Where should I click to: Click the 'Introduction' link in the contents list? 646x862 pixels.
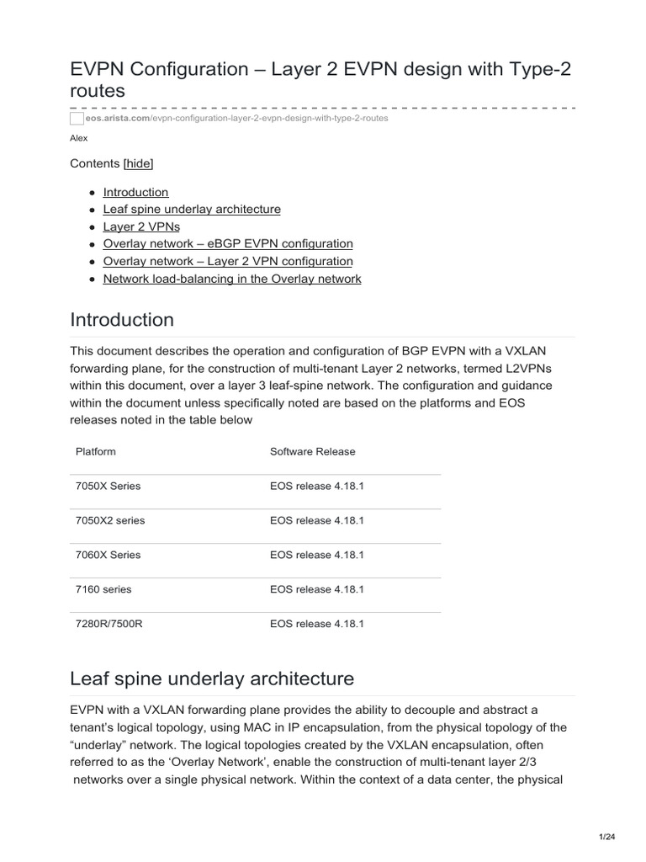135,192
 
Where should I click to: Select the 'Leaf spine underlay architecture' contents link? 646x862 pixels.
192,209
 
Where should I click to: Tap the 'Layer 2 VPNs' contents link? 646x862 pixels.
141,226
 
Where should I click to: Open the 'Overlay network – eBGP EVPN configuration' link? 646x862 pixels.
228,244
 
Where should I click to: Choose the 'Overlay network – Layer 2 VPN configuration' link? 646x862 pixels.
228,261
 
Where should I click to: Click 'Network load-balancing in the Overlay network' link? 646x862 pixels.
232,279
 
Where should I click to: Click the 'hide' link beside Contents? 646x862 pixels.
139,163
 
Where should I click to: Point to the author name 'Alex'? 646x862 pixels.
78,138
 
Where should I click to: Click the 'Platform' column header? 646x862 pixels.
96,451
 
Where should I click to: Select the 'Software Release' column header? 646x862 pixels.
312,451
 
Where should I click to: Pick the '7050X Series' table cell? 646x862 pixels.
108,486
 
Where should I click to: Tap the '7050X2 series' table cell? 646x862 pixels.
110,520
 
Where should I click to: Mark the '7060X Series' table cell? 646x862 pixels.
108,555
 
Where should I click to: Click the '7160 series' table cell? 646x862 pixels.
103,589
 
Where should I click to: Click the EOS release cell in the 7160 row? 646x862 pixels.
316,589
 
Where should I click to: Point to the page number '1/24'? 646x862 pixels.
606,837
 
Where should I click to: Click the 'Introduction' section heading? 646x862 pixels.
122,320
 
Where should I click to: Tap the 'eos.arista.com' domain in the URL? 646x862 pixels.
118,119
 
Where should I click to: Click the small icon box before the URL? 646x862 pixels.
77,119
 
